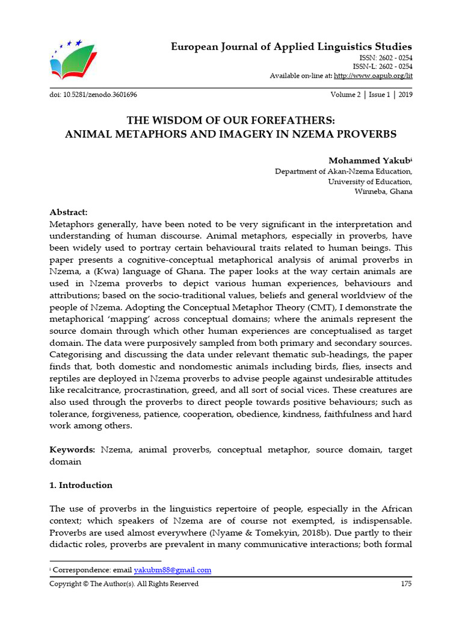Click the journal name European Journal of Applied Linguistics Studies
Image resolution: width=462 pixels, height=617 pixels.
coord(292,46)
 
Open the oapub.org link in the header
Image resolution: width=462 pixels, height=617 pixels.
coord(373,76)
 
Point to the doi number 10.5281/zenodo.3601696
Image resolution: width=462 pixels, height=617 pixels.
coord(97,95)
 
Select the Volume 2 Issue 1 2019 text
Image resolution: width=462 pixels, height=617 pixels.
coord(371,95)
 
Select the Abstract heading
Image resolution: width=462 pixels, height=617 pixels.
coord(69,213)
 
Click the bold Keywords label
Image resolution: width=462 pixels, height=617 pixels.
coord(72,449)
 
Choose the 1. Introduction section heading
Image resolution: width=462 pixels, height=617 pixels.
coord(81,485)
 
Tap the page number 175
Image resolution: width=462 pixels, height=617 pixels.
coord(406,583)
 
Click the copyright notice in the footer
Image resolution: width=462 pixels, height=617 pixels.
coord(124,583)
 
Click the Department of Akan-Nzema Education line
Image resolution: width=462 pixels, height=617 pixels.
coord(343,171)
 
